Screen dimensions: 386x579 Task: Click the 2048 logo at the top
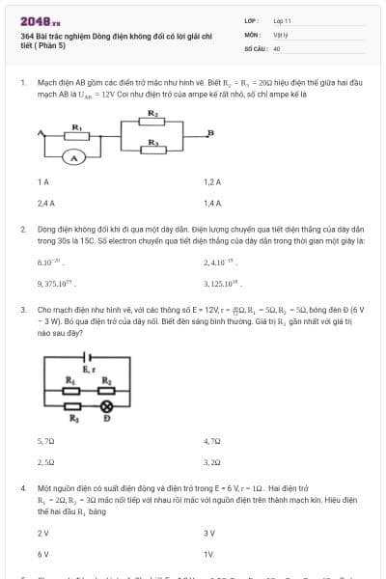(x=40, y=20)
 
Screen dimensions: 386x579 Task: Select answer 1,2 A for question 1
(x=212, y=181)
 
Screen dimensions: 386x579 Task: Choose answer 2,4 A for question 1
(x=45, y=204)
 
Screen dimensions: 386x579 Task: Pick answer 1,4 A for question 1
(x=213, y=204)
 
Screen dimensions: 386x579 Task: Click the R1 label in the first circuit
(x=76, y=127)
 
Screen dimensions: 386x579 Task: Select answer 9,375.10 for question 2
(x=56, y=284)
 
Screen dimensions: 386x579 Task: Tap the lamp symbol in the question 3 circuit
(x=107, y=407)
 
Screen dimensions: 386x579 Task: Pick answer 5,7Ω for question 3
(x=45, y=440)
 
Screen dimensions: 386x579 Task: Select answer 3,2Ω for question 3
(x=212, y=462)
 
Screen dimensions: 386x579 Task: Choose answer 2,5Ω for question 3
(x=45, y=462)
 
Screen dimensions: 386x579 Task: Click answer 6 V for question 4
(x=42, y=555)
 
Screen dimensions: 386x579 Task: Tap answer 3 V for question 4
(x=209, y=533)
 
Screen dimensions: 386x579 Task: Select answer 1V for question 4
(x=208, y=555)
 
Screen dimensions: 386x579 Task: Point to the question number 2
(x=22, y=230)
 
